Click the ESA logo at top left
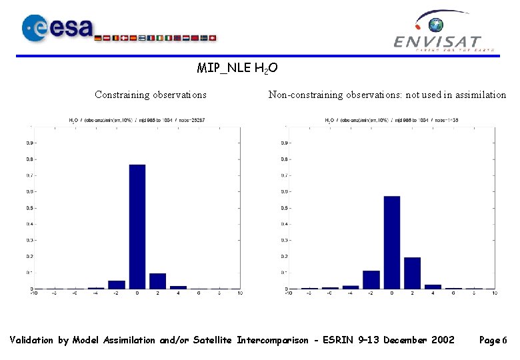coord(57,29)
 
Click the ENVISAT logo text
coord(437,42)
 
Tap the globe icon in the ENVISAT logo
coord(436,25)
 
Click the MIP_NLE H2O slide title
coord(237,68)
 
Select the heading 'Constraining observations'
coord(151,95)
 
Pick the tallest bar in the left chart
coord(137,226)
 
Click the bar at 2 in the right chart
coord(412,273)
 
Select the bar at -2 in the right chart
coord(371,279)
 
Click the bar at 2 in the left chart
coord(158,281)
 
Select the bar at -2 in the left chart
coord(117,284)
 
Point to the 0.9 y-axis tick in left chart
coord(30,143)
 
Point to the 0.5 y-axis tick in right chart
coord(284,207)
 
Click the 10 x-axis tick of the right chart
coord(493,293)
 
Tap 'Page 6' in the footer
coord(493,341)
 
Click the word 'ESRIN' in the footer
coord(337,341)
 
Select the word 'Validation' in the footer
coord(32,341)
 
